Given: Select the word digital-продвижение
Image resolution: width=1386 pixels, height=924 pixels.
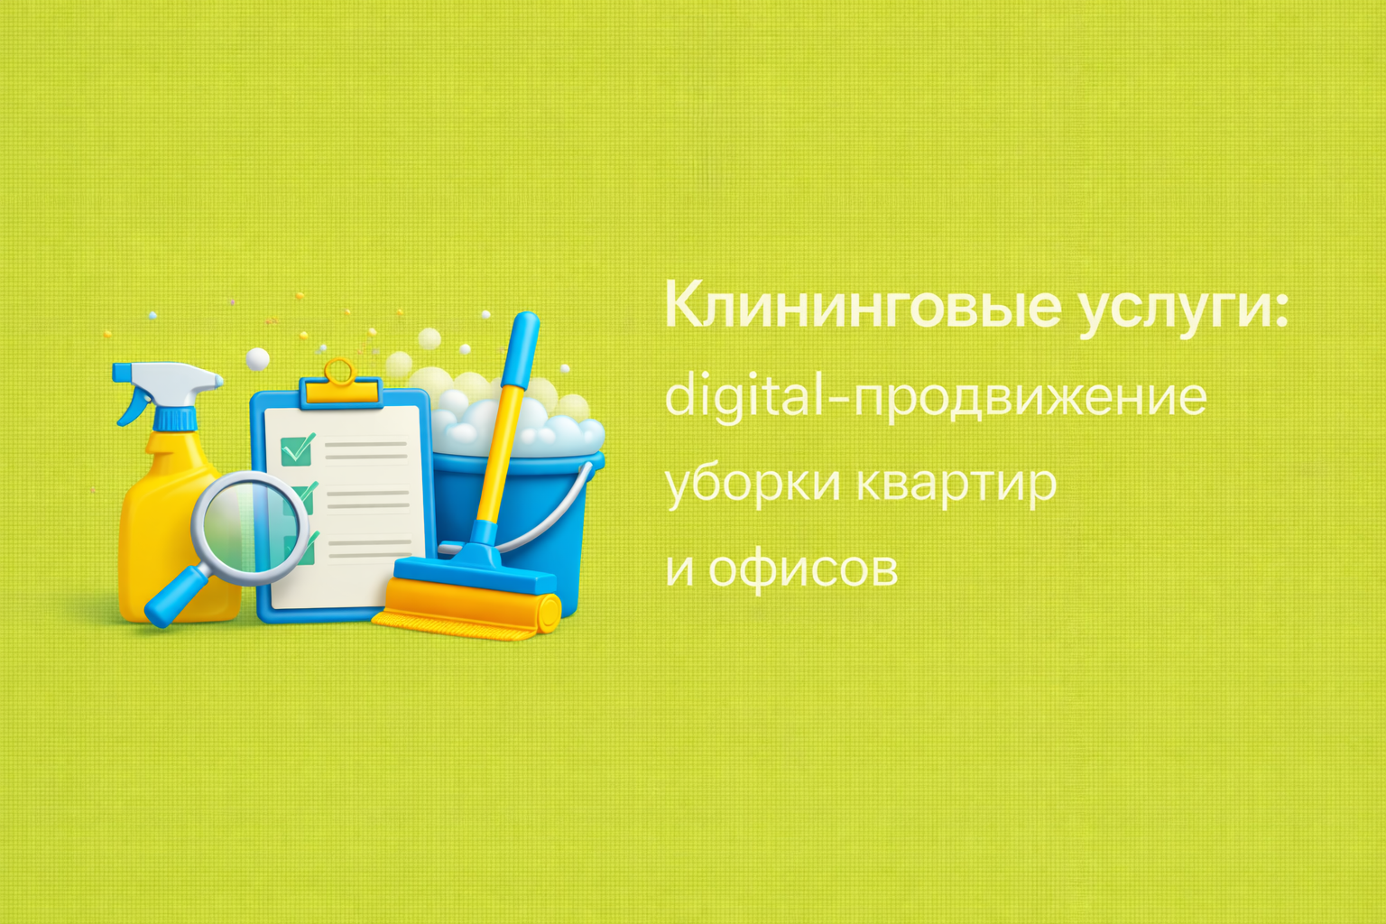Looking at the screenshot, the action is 936,396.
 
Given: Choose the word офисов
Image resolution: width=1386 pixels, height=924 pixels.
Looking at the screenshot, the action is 802,569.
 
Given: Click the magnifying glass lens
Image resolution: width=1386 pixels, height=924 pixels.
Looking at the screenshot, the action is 250,527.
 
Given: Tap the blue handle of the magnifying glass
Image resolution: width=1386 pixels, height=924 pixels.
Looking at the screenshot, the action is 175,596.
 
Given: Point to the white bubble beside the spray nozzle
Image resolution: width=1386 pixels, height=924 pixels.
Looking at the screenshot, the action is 257,359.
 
